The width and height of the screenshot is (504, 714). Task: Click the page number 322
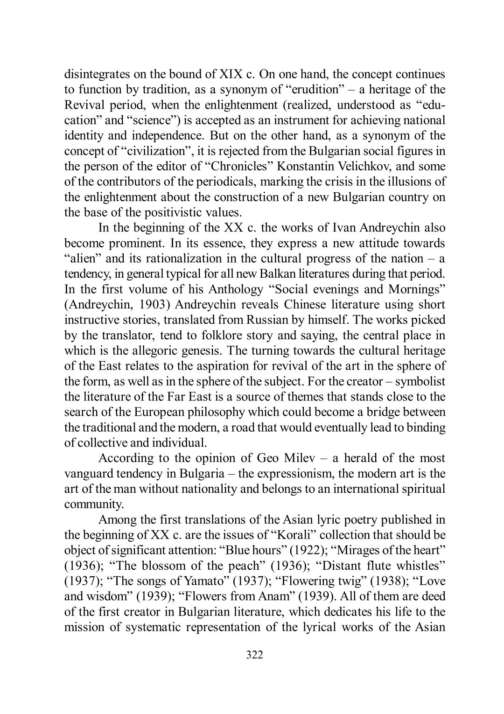pos(254,655)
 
